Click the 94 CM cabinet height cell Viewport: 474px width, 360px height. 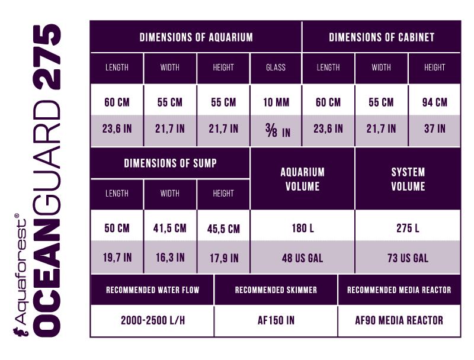(434, 102)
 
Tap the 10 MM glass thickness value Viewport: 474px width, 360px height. (276, 102)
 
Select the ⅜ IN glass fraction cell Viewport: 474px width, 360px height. (276, 129)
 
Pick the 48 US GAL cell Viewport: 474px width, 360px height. (302, 258)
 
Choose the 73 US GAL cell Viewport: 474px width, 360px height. (408, 258)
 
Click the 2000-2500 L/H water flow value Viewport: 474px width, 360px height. (152, 320)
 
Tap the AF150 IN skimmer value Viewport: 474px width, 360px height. (276, 320)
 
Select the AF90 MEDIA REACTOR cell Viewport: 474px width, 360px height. (399, 320)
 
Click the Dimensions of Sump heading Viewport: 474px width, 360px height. (170, 163)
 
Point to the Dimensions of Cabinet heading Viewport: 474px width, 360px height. (381, 37)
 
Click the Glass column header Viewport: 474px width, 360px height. (276, 67)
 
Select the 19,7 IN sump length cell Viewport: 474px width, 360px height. (117, 258)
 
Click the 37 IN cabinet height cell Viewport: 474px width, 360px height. (434, 128)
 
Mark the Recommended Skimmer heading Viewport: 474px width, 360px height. (276, 290)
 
